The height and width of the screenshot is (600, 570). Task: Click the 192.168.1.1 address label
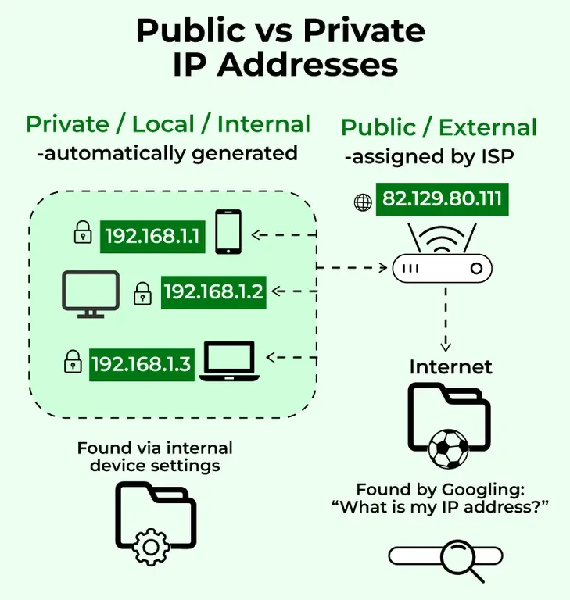(152, 236)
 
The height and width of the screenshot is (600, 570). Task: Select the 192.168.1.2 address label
(213, 292)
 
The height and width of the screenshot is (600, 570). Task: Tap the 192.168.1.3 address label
(142, 363)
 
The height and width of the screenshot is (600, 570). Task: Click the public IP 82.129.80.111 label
(442, 199)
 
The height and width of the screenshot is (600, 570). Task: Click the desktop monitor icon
(91, 294)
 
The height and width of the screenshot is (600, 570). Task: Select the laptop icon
(228, 361)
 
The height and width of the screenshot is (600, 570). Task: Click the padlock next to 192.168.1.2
(142, 294)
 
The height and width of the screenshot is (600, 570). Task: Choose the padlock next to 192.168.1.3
(73, 361)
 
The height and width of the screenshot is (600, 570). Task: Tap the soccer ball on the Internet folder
(448, 449)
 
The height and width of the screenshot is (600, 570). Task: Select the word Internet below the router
(450, 366)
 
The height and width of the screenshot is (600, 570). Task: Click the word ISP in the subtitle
(496, 157)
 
